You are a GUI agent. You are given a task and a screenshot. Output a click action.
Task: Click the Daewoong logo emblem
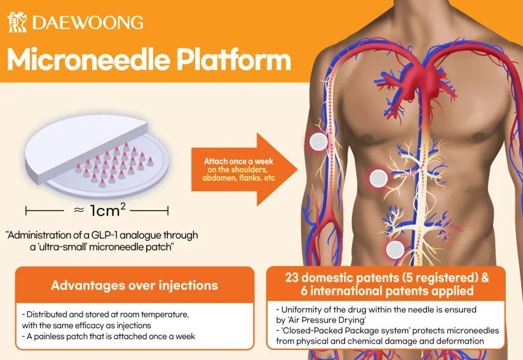[x=17, y=22]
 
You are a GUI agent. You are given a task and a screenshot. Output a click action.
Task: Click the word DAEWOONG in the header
[x=88, y=23]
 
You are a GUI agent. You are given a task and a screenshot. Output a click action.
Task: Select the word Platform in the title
[x=234, y=59]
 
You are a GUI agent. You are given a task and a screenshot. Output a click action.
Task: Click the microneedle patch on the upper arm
[x=318, y=142]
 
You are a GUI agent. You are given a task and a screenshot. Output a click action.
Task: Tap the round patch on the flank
[x=379, y=177]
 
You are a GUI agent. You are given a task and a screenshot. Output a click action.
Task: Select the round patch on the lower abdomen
[x=395, y=250]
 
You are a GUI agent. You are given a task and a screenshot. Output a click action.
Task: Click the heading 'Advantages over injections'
[x=135, y=285]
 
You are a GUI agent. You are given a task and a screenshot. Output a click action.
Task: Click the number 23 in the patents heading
[x=292, y=277]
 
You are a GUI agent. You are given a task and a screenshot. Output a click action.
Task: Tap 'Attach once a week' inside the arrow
[x=238, y=162]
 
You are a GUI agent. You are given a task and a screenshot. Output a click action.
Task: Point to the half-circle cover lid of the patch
[x=86, y=147]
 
